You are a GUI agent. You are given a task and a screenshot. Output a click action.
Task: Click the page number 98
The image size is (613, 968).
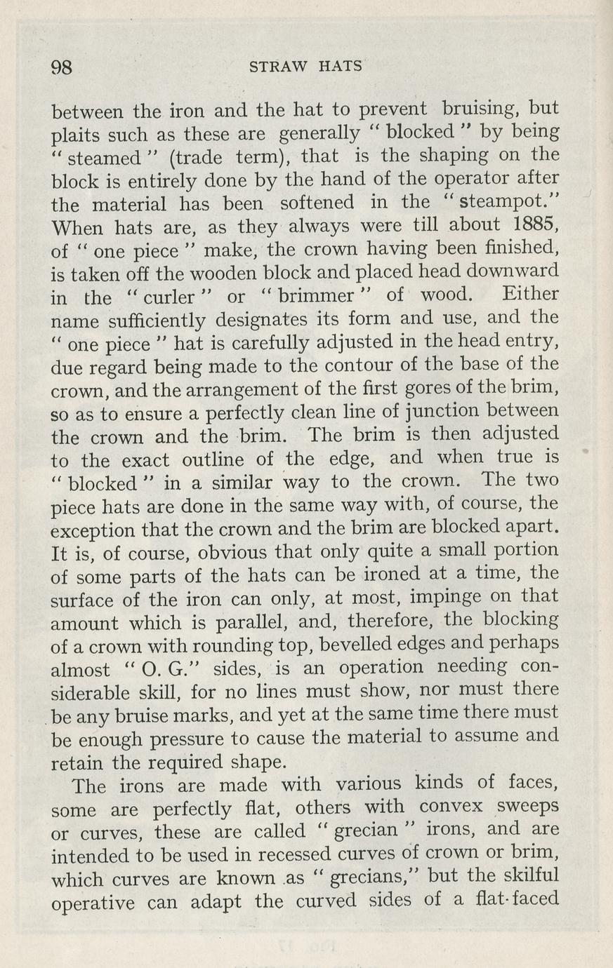pyautogui.click(x=62, y=67)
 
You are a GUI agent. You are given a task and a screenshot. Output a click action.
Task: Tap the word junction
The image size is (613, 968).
pyautogui.click(x=459, y=411)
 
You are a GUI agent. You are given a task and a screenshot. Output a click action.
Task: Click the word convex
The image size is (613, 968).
pyautogui.click(x=451, y=807)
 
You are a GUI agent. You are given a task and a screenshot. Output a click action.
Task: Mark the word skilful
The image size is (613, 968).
pyautogui.click(x=521, y=876)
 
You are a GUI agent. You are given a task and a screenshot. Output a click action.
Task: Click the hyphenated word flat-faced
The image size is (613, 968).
pyautogui.click(x=517, y=899)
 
